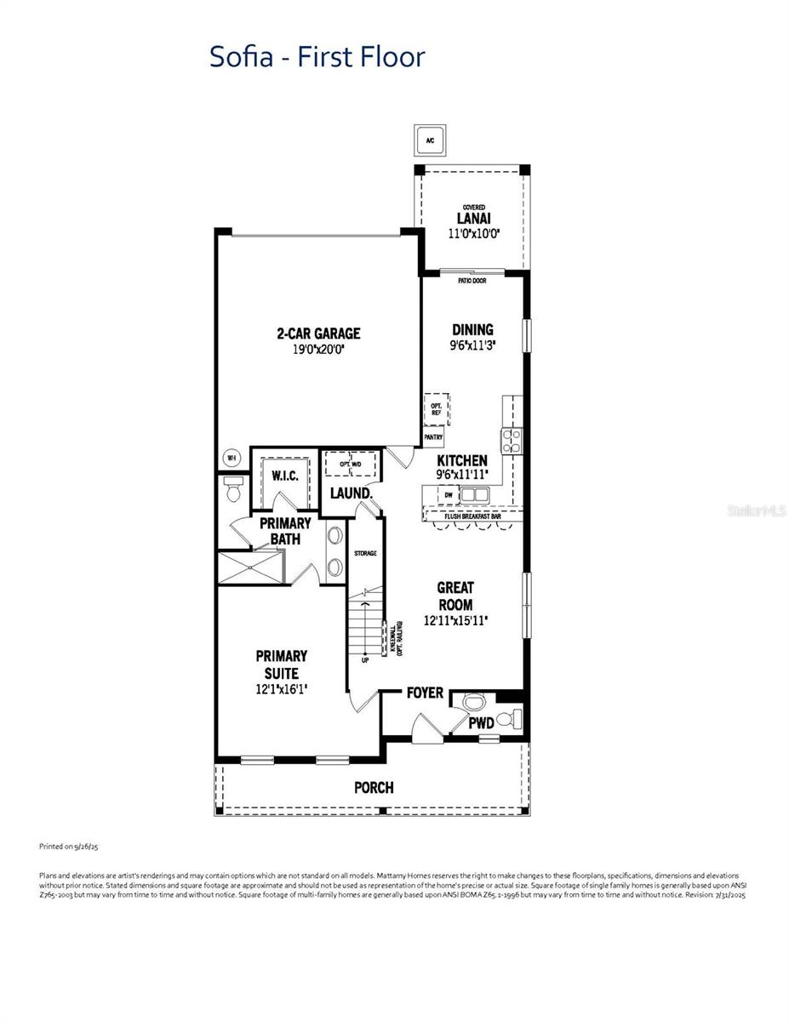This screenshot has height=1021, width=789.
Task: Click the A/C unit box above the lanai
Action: [430, 140]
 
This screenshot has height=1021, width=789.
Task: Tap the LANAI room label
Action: [474, 219]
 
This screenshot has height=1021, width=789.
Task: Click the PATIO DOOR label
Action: [472, 281]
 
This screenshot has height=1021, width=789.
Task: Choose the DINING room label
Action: [472, 330]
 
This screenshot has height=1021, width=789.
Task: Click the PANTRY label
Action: [433, 437]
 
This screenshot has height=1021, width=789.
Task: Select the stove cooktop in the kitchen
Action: [511, 440]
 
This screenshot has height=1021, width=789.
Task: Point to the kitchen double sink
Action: [474, 494]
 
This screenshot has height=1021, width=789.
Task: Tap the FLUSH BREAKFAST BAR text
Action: [472, 516]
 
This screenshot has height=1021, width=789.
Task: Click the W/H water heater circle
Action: [231, 458]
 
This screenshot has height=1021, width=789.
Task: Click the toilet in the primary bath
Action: [232, 488]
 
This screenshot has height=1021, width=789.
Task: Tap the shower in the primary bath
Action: [250, 566]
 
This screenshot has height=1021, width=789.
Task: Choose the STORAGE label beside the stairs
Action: [365, 554]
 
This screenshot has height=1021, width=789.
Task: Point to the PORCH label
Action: [374, 788]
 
